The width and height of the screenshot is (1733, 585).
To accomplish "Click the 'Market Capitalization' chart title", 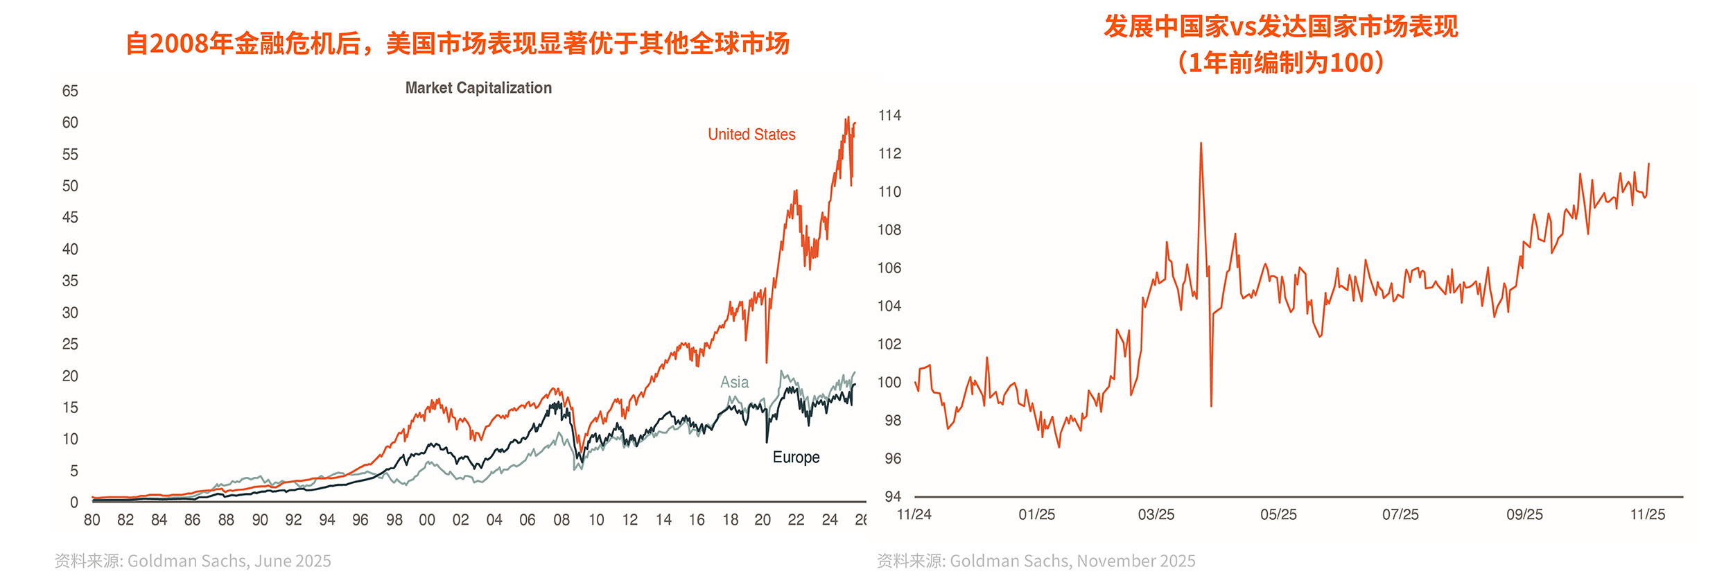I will (x=478, y=88).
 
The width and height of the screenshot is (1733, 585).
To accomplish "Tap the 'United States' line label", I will (x=751, y=134).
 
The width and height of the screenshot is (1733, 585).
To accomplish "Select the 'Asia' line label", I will (x=734, y=382).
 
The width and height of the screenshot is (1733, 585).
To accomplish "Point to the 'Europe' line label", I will (x=796, y=457).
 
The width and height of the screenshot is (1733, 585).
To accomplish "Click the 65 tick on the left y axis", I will (x=70, y=91).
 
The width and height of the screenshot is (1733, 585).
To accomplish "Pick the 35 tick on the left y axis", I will (x=70, y=281).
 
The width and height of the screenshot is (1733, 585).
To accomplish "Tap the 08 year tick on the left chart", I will (x=561, y=520).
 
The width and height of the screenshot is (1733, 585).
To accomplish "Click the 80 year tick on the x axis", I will (x=92, y=520).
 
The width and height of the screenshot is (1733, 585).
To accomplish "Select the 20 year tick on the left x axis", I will (x=763, y=520).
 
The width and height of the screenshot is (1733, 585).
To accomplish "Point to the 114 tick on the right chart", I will (x=889, y=116).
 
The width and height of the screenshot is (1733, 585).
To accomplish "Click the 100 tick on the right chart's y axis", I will (x=889, y=383).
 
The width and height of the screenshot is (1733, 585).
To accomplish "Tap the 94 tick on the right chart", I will (x=893, y=496).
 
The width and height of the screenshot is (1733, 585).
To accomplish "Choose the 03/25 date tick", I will (x=1156, y=514).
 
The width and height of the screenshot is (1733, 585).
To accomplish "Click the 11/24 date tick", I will (x=914, y=514).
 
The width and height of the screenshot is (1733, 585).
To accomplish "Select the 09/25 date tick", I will (x=1524, y=514).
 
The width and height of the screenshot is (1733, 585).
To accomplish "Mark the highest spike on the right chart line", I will (x=1201, y=143).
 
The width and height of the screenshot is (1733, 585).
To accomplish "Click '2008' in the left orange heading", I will (x=179, y=44).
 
